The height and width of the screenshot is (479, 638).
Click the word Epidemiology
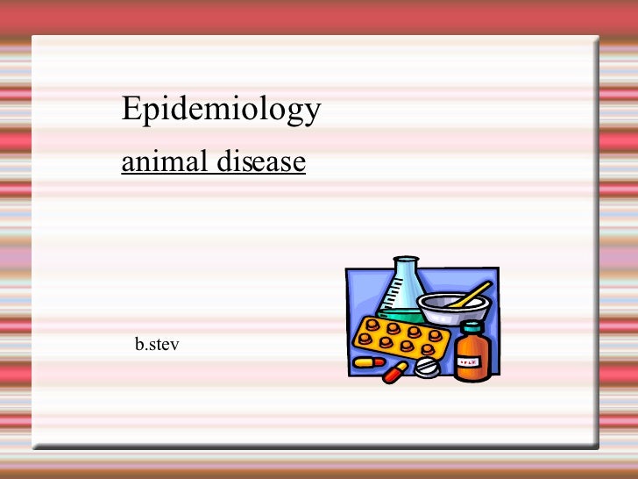point(221,110)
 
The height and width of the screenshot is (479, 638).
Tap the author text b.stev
point(157,346)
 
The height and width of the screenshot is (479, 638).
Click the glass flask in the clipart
point(402,290)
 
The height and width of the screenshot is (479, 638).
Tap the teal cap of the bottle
point(471,327)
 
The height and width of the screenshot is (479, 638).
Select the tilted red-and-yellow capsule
point(394,372)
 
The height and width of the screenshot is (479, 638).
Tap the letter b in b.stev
point(139,346)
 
